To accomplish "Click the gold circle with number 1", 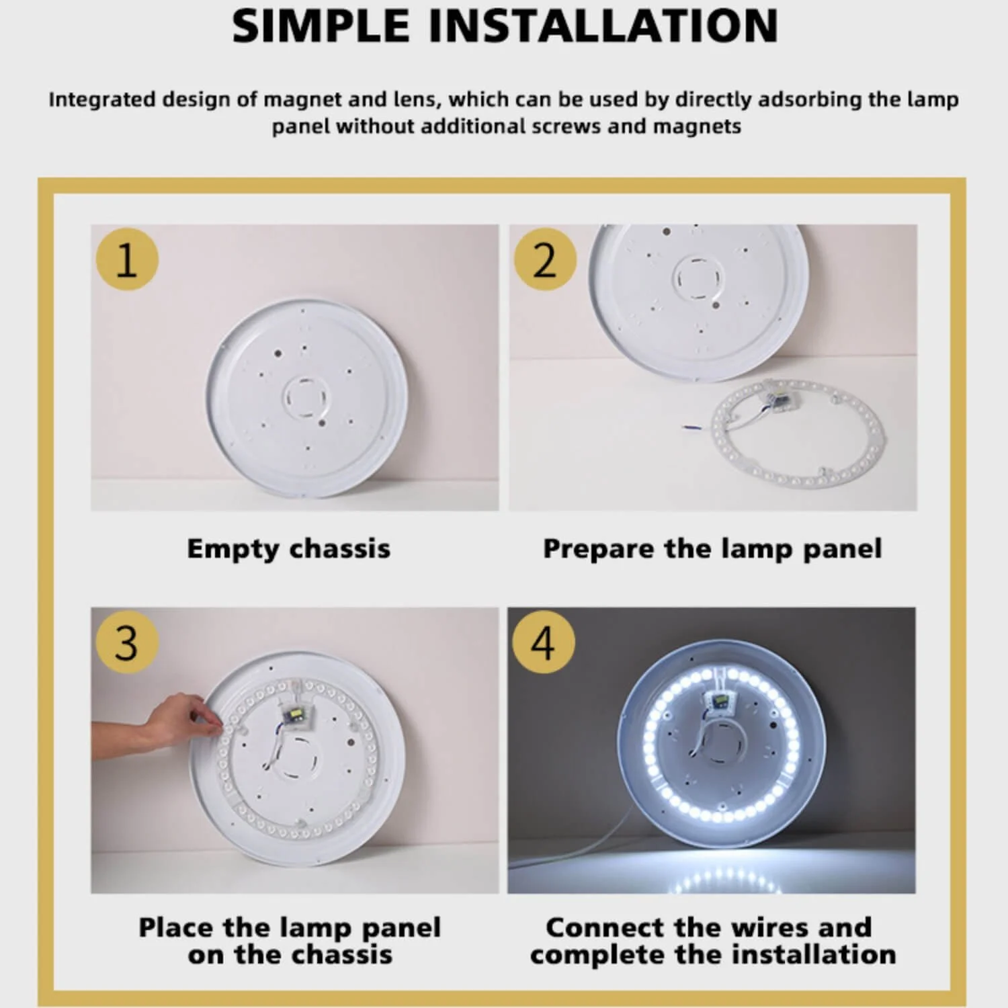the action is pos(127,259).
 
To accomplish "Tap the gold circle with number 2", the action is pos(545,259).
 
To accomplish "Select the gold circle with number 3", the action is pos(127,642).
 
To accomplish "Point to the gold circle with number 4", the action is pos(544,642).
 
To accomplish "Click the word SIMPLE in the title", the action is pos(321,26).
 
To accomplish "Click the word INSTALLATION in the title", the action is pos(603,26).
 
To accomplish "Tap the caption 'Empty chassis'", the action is pos(288,549).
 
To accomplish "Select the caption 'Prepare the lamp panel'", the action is pos(712,549).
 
